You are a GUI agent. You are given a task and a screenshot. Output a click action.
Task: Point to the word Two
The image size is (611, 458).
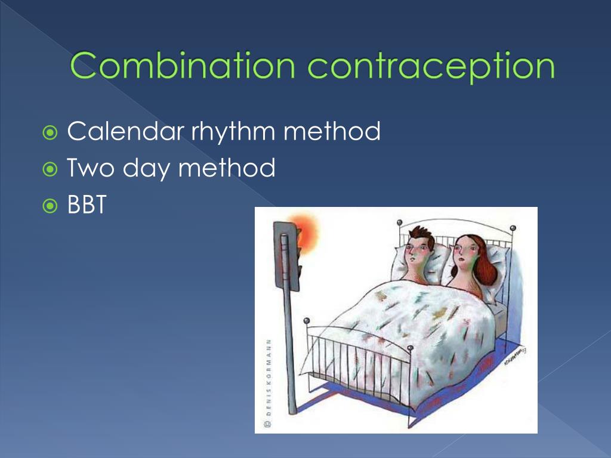coord(90,168)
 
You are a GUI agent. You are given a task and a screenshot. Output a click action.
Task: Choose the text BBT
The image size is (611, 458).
coord(87,205)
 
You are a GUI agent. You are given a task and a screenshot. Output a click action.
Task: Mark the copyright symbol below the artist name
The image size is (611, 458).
coord(268,425)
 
